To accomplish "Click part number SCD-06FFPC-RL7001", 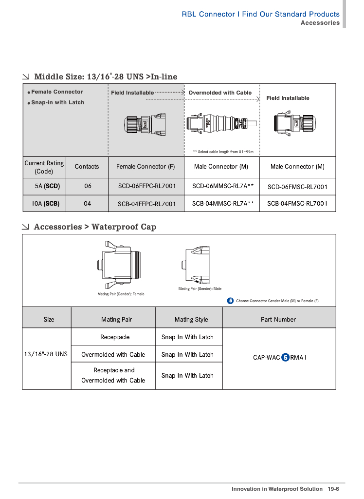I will coord(147,186).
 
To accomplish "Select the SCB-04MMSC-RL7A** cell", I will coord(223,203).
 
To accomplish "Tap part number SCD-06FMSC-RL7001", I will coord(297,187).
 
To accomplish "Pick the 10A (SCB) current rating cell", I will coord(45,204).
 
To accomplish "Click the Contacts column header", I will coord(87,167).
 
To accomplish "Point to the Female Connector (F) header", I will coord(146,167).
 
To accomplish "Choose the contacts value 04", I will coord(87,204).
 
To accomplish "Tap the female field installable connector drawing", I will coord(146,125).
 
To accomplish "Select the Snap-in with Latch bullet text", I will coord(57,103).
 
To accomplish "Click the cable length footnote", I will coord(223,152).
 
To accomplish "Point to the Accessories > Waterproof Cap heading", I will coord(95,227).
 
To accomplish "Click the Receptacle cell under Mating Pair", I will coord(115,337).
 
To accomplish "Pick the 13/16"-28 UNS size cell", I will coord(46,354).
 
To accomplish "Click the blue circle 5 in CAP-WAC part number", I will coord(286,358).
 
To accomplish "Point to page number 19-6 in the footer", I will coord(333,489).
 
